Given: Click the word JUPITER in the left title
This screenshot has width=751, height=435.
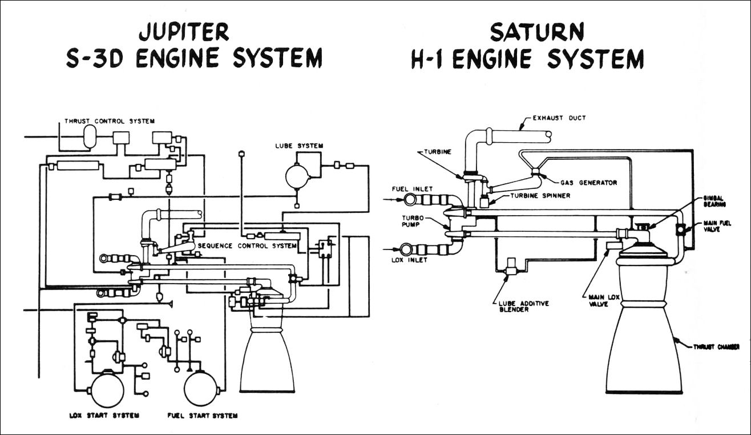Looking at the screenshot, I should click(x=184, y=32).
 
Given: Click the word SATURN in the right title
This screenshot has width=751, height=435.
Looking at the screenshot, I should click(x=537, y=32).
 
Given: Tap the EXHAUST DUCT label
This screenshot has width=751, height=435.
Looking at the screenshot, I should click(x=559, y=118).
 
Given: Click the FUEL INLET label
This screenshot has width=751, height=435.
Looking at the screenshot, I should click(x=412, y=189).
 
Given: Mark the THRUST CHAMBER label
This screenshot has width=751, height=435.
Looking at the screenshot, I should click(x=716, y=347).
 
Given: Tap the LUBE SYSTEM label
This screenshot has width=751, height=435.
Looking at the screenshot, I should click(x=299, y=146).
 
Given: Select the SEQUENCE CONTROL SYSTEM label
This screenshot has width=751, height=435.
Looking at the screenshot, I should click(x=247, y=246).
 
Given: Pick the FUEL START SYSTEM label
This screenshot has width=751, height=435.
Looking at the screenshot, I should click(x=203, y=415).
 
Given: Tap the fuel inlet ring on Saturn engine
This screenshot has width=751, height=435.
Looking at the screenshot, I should click(x=410, y=199).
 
